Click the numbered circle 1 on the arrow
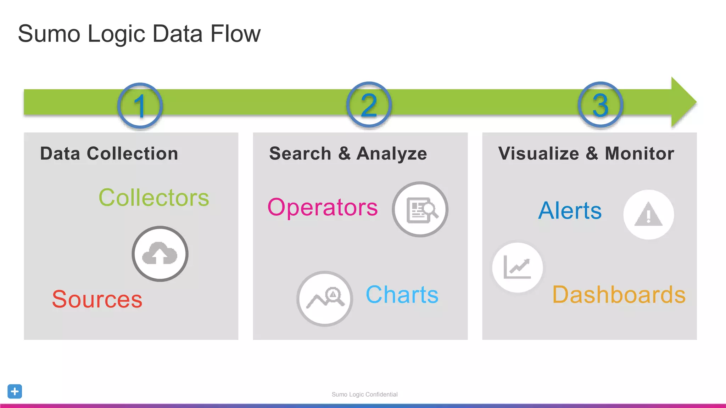click(140, 106)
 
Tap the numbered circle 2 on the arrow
click(369, 105)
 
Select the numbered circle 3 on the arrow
click(601, 105)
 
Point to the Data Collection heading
click(109, 154)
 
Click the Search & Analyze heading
click(348, 154)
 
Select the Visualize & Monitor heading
click(586, 154)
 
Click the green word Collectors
click(154, 198)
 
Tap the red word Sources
click(97, 299)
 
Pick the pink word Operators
click(323, 207)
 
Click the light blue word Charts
click(402, 295)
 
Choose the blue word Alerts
click(570, 211)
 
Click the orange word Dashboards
click(619, 295)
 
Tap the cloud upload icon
click(160, 254)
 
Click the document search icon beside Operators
click(420, 210)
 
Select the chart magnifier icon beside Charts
click(325, 299)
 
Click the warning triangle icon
click(648, 215)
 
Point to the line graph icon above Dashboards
click(517, 267)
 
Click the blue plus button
click(15, 391)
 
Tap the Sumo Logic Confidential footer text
click(364, 395)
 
